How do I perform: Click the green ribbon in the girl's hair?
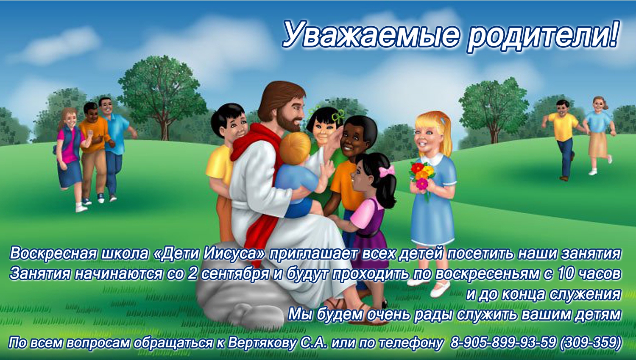338,116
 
